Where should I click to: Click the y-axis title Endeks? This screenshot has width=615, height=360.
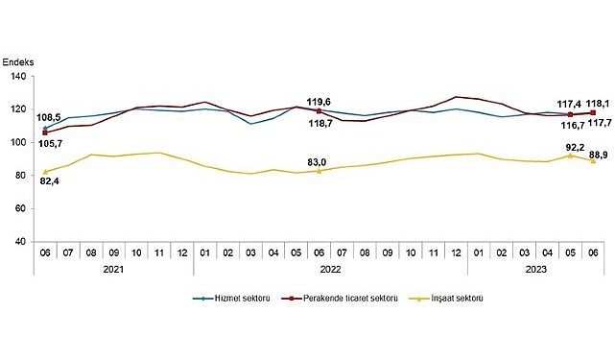pos(19,60)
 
